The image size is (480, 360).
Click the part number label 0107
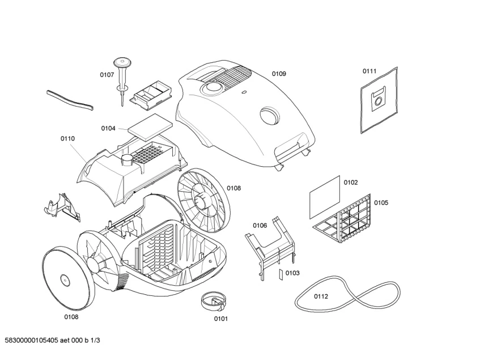click(x=107, y=74)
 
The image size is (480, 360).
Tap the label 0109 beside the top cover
click(x=278, y=74)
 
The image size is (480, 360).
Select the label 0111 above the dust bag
click(x=369, y=71)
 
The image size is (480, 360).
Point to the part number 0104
click(x=108, y=128)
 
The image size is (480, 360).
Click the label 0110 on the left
click(x=67, y=138)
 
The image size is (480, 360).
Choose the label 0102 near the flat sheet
click(x=351, y=182)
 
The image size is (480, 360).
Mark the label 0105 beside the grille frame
click(x=381, y=202)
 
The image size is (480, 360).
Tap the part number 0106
click(x=260, y=225)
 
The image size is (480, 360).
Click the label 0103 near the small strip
click(x=292, y=273)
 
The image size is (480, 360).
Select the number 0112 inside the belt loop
click(x=321, y=296)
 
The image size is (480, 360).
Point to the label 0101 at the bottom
click(x=220, y=319)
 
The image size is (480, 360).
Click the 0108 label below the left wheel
click(x=71, y=317)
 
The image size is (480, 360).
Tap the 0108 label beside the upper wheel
click(x=234, y=188)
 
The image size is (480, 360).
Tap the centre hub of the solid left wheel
click(x=64, y=279)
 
